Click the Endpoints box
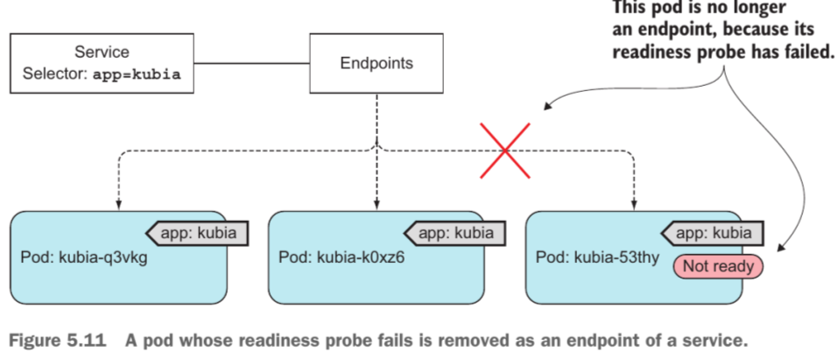click(377, 63)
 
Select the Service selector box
click(102, 63)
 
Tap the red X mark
click(505, 151)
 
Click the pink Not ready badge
click(718, 266)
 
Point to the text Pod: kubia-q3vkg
click(83, 258)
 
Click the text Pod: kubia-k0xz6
click(342, 258)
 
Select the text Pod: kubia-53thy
click(597, 258)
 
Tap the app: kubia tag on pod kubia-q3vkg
click(198, 233)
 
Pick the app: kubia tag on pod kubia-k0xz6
click(455, 233)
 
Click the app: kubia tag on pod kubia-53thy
click(713, 233)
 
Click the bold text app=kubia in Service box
click(137, 74)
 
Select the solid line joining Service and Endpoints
click(252, 63)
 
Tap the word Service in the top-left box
click(102, 52)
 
